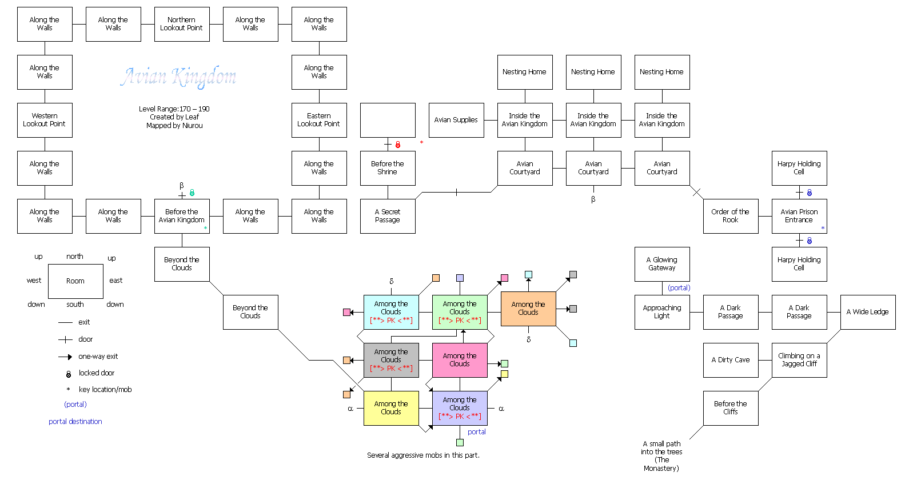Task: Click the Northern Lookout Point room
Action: click(182, 24)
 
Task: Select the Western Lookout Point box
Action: click(45, 120)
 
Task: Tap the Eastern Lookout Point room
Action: click(319, 120)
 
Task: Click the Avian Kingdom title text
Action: click(178, 77)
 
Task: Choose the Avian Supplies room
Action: click(456, 120)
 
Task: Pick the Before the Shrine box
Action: click(388, 168)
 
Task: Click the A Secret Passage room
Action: click(388, 216)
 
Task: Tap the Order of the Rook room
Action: click(731, 216)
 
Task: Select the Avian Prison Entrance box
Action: click(799, 216)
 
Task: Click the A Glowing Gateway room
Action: click(662, 264)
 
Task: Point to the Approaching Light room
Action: click(662, 312)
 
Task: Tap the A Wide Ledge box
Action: click(868, 312)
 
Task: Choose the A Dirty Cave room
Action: click(731, 360)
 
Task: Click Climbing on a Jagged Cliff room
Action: click(799, 360)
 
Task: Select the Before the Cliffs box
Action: click(731, 408)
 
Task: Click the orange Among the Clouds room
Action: click(528, 309)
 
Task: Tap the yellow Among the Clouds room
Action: click(391, 408)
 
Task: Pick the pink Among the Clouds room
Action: click(460, 360)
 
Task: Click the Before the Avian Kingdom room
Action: click(182, 216)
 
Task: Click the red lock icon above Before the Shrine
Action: click(398, 145)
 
